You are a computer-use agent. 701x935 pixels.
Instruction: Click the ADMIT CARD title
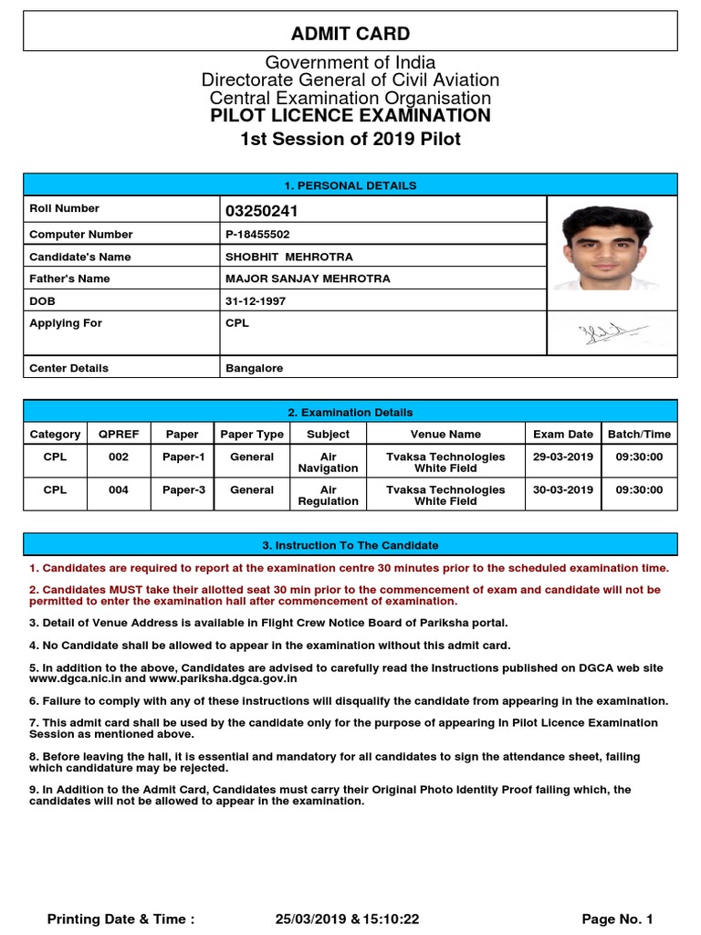pyautogui.click(x=350, y=35)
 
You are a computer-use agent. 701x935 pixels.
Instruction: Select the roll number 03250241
pyautogui.click(x=262, y=212)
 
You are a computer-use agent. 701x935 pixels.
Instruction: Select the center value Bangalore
pyautogui.click(x=255, y=368)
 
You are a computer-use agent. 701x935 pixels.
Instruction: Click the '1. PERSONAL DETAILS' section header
pyautogui.click(x=350, y=185)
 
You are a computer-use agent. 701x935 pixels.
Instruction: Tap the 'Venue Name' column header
pyautogui.click(x=445, y=435)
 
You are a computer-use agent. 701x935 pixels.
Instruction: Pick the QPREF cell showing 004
pyautogui.click(x=119, y=490)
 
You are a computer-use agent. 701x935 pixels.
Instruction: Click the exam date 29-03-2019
pyautogui.click(x=562, y=457)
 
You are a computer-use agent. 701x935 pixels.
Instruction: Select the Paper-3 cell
pyautogui.click(x=183, y=490)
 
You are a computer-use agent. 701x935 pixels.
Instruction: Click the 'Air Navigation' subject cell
pyautogui.click(x=328, y=462)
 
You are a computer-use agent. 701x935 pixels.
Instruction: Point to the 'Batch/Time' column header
pyautogui.click(x=639, y=435)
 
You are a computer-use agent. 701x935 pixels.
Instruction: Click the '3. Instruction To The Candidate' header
pyautogui.click(x=350, y=545)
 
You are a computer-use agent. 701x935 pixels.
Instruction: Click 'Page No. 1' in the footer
pyautogui.click(x=617, y=919)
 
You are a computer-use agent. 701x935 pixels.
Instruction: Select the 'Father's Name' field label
pyautogui.click(x=69, y=279)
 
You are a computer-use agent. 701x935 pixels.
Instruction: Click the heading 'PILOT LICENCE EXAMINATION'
pyautogui.click(x=350, y=116)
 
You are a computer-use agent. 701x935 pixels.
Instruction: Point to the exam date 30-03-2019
pyautogui.click(x=562, y=490)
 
